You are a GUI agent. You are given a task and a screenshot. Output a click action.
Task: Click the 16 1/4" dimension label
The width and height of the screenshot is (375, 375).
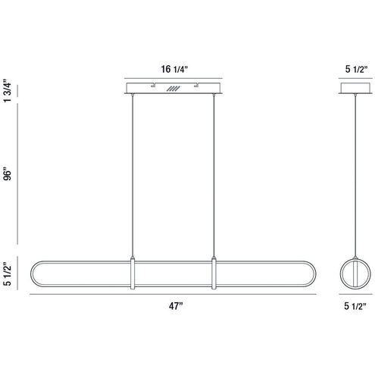(174, 69)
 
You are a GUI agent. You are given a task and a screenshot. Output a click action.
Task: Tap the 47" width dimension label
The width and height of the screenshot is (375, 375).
(176, 306)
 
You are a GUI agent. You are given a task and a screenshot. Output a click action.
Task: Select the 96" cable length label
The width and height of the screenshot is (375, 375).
(8, 175)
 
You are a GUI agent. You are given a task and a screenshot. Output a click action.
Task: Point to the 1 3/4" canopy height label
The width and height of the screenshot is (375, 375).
(8, 91)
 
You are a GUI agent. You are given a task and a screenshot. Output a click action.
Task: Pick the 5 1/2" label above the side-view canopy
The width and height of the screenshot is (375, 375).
(356, 69)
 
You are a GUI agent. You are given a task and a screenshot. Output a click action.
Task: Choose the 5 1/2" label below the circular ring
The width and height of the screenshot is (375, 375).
(355, 306)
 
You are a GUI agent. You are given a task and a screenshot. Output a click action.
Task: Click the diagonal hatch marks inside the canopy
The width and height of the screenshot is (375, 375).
(173, 89)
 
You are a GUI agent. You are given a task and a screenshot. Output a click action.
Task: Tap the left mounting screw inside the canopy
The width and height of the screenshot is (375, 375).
(153, 86)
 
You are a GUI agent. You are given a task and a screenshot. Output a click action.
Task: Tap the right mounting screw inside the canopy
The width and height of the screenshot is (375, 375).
(196, 86)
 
